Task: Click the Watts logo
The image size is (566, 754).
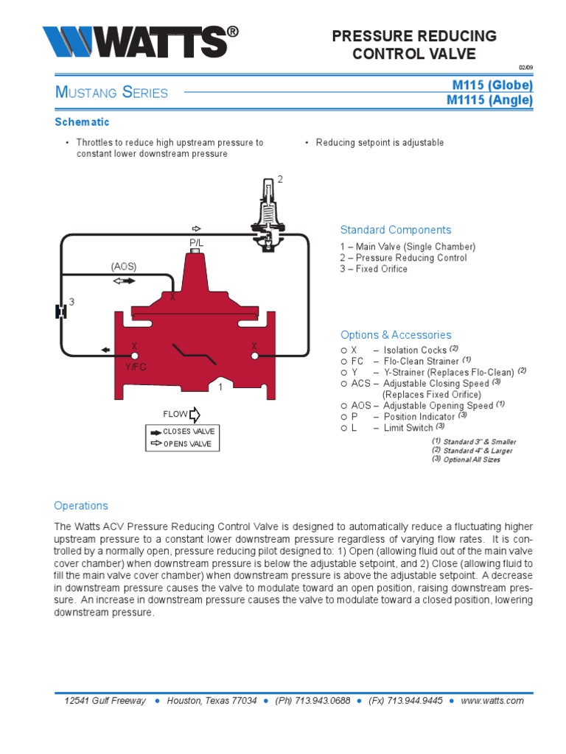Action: (x=140, y=42)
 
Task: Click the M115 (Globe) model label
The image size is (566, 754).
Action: (x=492, y=85)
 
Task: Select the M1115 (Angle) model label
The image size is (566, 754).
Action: (x=489, y=100)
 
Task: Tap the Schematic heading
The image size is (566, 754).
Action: (x=82, y=121)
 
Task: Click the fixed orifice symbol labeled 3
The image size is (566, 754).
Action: (x=61, y=311)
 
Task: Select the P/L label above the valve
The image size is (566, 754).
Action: (x=196, y=242)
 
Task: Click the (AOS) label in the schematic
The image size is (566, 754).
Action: (x=124, y=266)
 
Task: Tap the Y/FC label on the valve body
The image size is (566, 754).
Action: (x=135, y=366)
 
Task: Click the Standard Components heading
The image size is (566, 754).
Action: (x=395, y=230)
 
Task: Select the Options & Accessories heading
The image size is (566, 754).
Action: (x=395, y=334)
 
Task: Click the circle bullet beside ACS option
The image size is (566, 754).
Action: (x=344, y=383)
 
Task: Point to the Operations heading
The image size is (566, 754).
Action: (x=81, y=506)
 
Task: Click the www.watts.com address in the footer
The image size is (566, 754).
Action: (x=492, y=700)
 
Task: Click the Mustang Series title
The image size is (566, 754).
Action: (x=111, y=93)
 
